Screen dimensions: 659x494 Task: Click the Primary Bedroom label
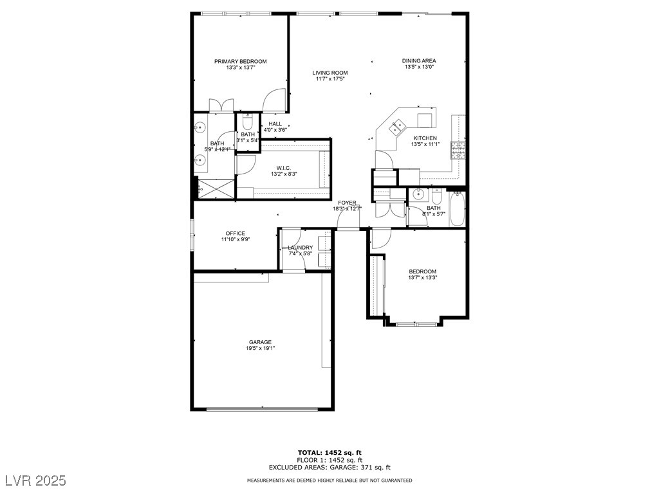point(241,61)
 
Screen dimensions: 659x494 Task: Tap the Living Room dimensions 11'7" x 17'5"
point(330,78)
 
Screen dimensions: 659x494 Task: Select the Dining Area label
point(419,61)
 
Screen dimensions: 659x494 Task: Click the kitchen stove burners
point(458,151)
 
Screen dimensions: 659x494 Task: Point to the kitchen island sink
point(397,127)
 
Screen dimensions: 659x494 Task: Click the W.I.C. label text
point(284,168)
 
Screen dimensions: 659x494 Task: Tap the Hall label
point(275,124)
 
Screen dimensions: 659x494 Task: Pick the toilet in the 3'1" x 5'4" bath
point(248,122)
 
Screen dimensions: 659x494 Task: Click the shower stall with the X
point(216,188)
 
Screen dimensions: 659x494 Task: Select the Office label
point(236,233)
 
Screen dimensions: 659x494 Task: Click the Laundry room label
point(300,248)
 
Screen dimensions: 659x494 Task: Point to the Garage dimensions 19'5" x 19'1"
point(261,348)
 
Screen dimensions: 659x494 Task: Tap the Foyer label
point(347,203)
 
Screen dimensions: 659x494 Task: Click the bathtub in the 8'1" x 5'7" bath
point(457,209)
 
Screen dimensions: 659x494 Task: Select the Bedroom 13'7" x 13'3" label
point(422,271)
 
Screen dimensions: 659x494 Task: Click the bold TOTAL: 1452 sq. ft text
point(329,453)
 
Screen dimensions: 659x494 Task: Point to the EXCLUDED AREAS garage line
point(329,467)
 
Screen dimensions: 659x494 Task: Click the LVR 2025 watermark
point(36,480)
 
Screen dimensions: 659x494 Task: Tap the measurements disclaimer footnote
point(329,480)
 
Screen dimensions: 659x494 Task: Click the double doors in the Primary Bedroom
point(221,104)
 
